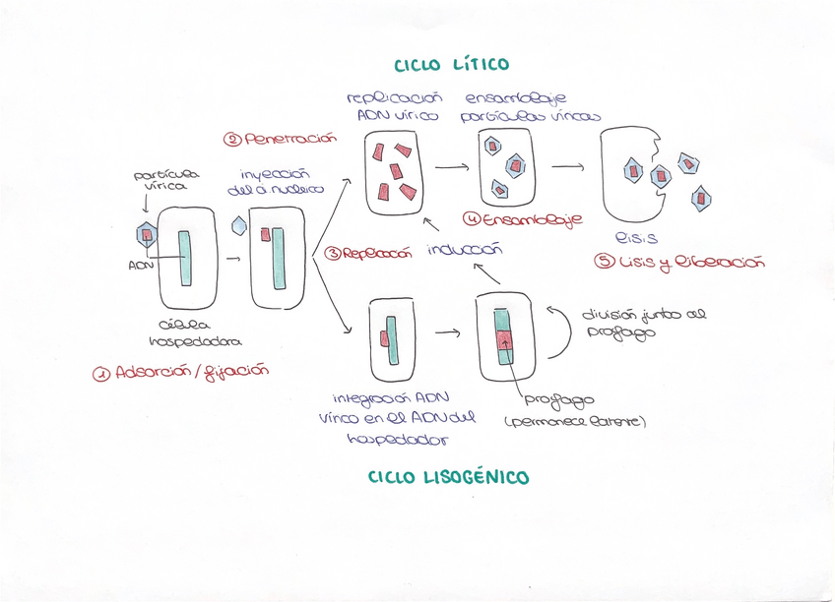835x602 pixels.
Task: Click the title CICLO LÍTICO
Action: click(x=452, y=65)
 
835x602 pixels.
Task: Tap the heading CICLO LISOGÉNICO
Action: click(x=448, y=478)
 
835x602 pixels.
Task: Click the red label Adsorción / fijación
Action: click(x=179, y=372)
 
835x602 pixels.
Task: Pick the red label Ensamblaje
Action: click(x=521, y=219)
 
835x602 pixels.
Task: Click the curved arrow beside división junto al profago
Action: click(x=564, y=334)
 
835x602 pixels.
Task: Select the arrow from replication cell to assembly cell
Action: click(x=451, y=167)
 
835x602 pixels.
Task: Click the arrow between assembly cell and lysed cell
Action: click(x=567, y=167)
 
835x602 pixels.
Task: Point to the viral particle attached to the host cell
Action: click(x=146, y=234)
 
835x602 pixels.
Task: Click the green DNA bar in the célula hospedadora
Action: click(x=184, y=259)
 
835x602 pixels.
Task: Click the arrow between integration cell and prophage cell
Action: click(x=448, y=331)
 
